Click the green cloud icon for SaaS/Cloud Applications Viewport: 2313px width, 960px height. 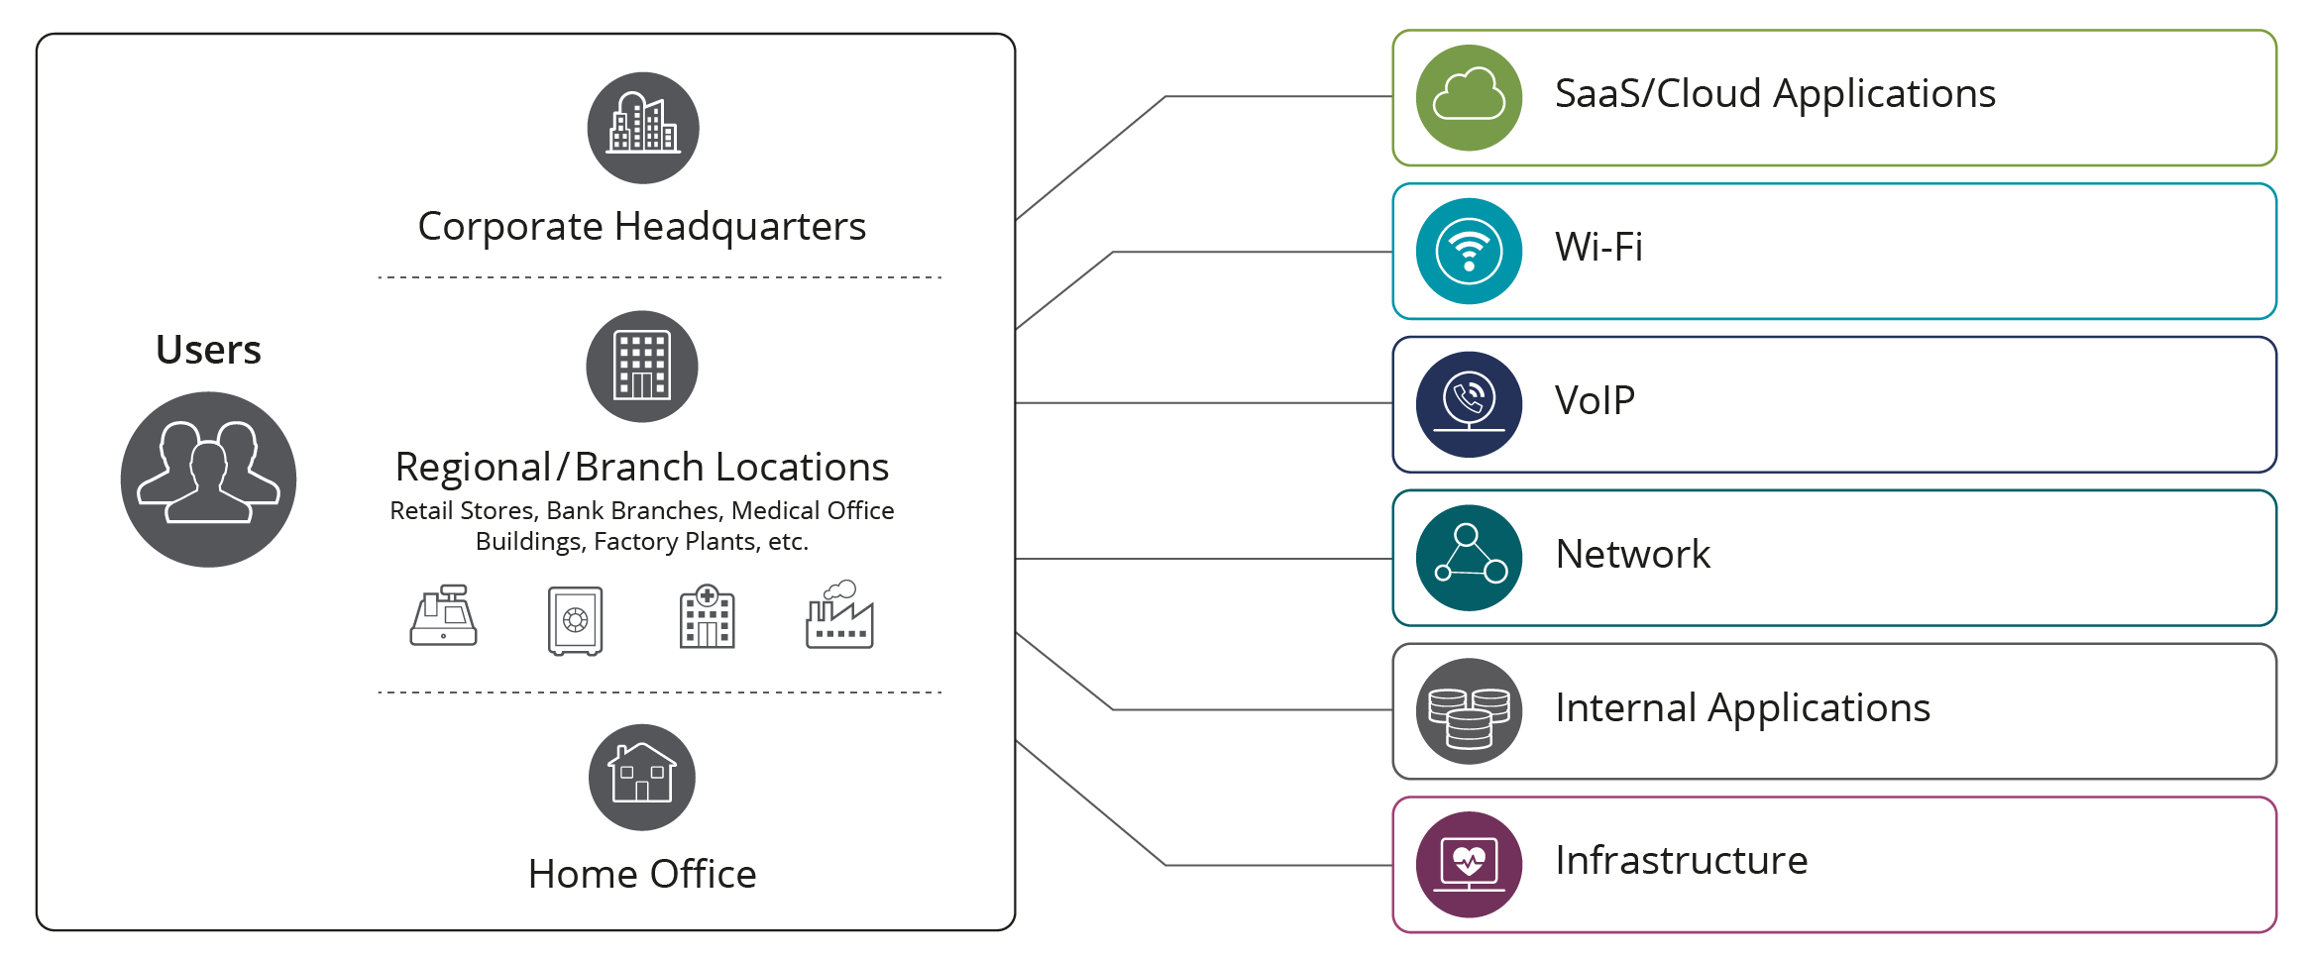pyautogui.click(x=1469, y=97)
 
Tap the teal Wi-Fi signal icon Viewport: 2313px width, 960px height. pyautogui.click(x=1469, y=251)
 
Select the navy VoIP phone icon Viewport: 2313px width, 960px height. pyautogui.click(x=1469, y=404)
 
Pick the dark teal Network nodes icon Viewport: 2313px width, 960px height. pyautogui.click(x=1469, y=558)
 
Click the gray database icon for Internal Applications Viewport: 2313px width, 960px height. pyautogui.click(x=1469, y=711)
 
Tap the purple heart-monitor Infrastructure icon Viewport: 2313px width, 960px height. pyautogui.click(x=1469, y=864)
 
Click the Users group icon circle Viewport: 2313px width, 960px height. pyautogui.click(x=208, y=480)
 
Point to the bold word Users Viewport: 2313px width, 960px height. pyautogui.click(x=208, y=350)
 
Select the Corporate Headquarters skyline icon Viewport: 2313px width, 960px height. pyautogui.click(x=642, y=128)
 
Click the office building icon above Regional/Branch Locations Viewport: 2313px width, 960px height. pyautogui.click(x=642, y=367)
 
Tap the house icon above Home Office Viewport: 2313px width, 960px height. pyautogui.click(x=642, y=777)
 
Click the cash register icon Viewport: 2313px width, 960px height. pyautogui.click(x=443, y=616)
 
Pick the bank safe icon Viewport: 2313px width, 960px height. pyautogui.click(x=575, y=620)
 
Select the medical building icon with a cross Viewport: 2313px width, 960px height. pyautogui.click(x=707, y=617)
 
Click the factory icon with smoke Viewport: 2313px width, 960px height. pyautogui.click(x=839, y=616)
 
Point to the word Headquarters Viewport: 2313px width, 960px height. pyautogui.click(x=739, y=227)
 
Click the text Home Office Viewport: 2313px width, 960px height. pyautogui.click(x=642, y=874)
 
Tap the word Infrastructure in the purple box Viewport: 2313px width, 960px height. pyautogui.click(x=1681, y=860)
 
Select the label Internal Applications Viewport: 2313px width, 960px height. pyautogui.click(x=1742, y=707)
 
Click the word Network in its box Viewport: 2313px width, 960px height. pyautogui.click(x=1632, y=554)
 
